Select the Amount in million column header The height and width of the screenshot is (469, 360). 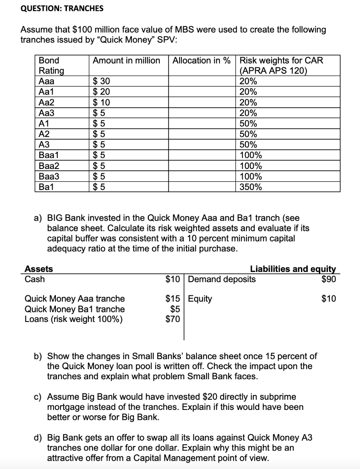(x=126, y=60)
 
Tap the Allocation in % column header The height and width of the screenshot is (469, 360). (x=202, y=60)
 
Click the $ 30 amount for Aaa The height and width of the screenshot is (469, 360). (x=101, y=82)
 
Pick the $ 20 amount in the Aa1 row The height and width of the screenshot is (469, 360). (x=101, y=92)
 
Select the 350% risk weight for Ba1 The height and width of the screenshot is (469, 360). (x=251, y=187)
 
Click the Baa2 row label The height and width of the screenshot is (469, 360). (x=49, y=166)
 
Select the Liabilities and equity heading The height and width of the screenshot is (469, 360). (x=293, y=269)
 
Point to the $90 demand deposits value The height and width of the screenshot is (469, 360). (x=328, y=279)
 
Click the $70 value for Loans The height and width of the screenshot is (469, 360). (x=174, y=319)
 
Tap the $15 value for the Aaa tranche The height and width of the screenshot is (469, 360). (x=174, y=299)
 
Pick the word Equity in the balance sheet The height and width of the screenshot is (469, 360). (x=200, y=299)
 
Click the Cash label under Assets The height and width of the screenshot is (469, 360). (x=34, y=279)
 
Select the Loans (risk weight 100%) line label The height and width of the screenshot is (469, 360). (x=73, y=319)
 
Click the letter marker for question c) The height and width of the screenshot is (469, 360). (x=39, y=397)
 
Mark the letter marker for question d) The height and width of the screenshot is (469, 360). (x=39, y=438)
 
